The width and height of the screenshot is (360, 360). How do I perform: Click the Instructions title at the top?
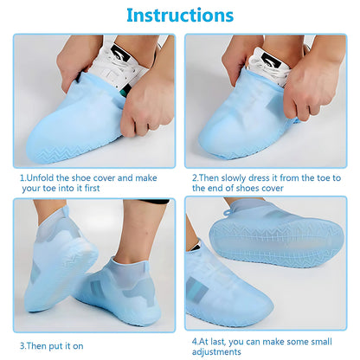[179, 16]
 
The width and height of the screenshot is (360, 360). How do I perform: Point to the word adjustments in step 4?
[220, 352]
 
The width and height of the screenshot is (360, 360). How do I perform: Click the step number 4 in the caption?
[194, 341]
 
